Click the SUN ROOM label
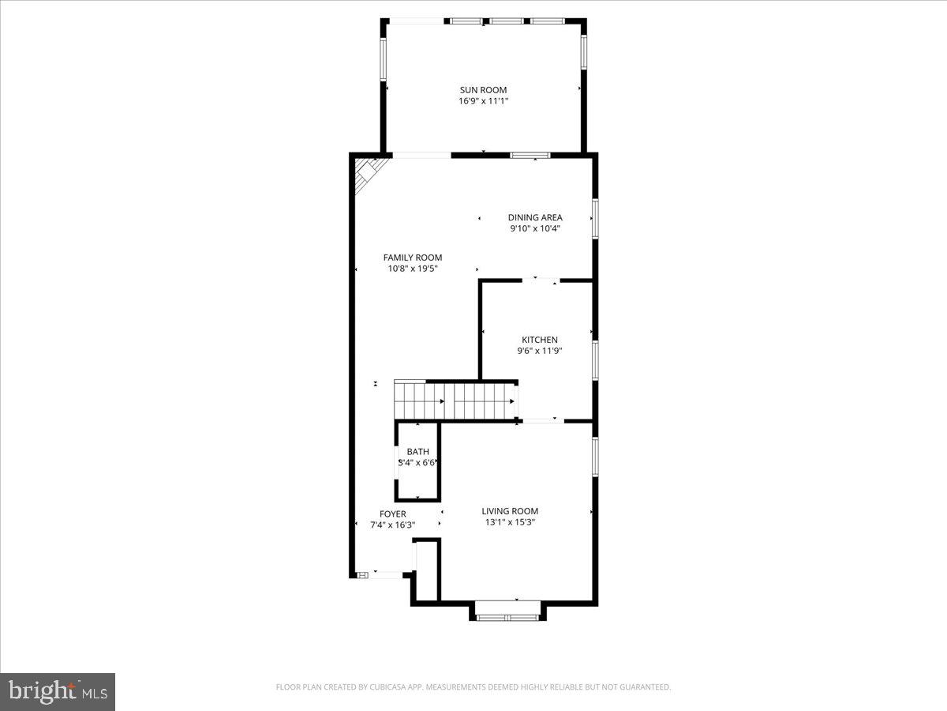tap(483, 90)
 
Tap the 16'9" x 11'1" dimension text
tap(483, 101)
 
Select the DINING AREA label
tap(535, 217)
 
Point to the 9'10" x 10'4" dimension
tap(535, 229)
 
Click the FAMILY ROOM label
tap(413, 258)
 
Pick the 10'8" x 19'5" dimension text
tap(413, 269)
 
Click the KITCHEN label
tap(540, 340)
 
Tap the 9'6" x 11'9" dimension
tap(540, 351)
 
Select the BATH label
tap(418, 452)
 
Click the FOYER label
tap(393, 513)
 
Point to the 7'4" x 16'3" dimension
tap(393, 525)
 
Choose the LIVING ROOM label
tap(510, 511)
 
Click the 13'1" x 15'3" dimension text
tap(510, 522)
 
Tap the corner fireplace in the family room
tap(366, 174)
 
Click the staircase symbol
tap(455, 400)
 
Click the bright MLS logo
tap(58, 692)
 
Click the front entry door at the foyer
tap(387, 574)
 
